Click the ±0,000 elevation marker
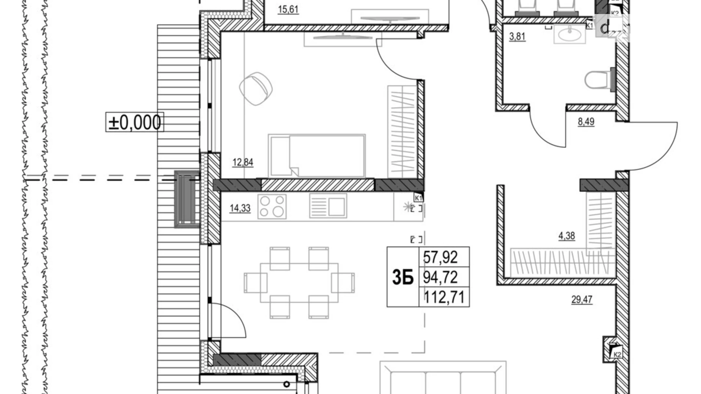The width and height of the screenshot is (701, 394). pos(135,122)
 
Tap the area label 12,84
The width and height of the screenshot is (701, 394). pos(243,162)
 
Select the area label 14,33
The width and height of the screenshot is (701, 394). pos(240,208)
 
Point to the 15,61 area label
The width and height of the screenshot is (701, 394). pos(288,9)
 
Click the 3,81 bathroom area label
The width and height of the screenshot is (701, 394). pos(517,36)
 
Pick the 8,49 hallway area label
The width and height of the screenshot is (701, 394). pos(586,122)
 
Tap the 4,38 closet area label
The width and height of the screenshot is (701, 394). pos(566,236)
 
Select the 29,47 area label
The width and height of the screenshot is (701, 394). pos(582,300)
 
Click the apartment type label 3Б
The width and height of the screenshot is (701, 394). pos(403,277)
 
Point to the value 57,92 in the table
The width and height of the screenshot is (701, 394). pos(440,257)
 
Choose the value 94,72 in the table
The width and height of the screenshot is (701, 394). pos(440,277)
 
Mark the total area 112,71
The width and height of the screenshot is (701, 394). pos(444,297)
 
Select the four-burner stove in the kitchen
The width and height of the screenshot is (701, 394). pos(272,206)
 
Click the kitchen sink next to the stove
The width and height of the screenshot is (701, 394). pos(328,206)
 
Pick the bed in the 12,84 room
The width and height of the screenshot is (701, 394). pos(317,155)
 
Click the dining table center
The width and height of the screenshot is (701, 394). pos(299,283)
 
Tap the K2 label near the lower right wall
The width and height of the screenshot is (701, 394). pos(617,355)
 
